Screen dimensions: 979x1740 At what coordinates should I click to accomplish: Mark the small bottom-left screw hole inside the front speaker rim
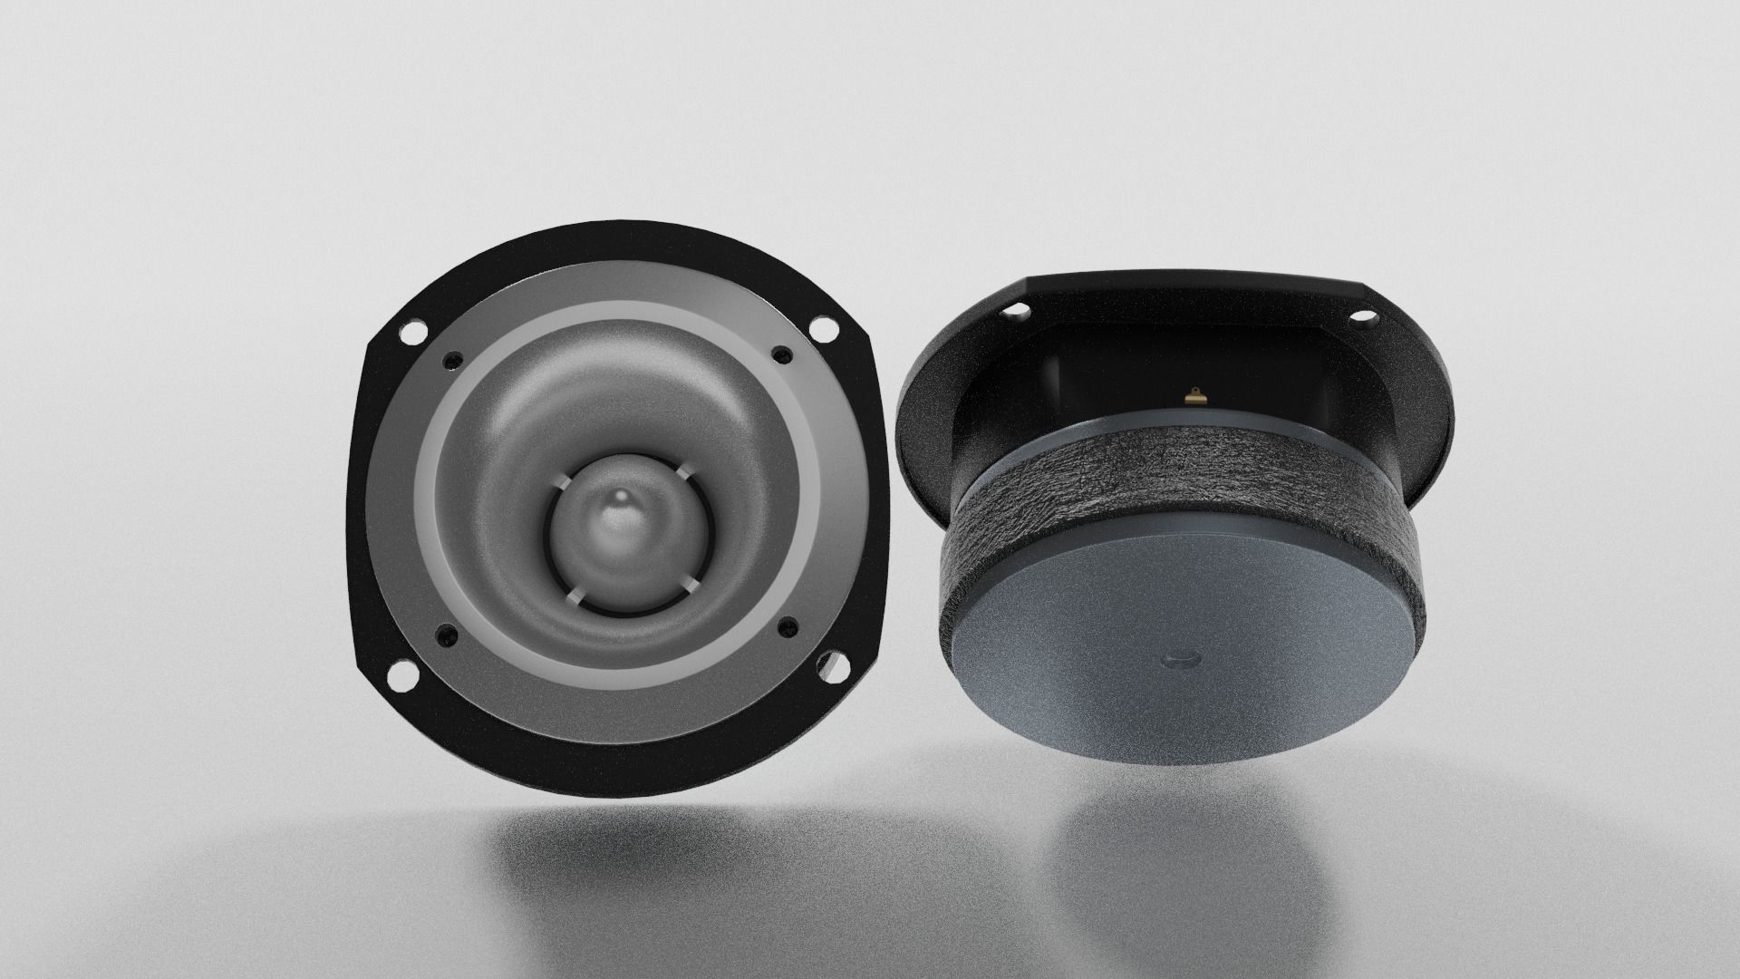(443, 635)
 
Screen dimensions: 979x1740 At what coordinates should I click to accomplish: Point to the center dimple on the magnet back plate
(1178, 656)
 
